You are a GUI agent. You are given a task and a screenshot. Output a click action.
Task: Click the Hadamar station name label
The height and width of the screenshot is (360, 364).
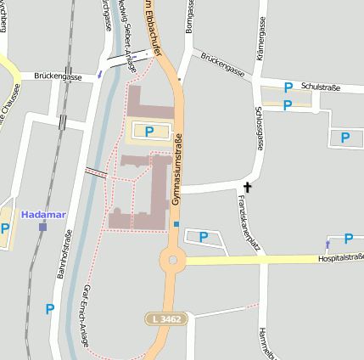point(43,214)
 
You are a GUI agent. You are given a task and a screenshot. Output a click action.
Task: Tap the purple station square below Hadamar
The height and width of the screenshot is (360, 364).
point(42,227)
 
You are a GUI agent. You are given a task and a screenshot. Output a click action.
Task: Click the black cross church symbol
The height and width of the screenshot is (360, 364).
point(248,187)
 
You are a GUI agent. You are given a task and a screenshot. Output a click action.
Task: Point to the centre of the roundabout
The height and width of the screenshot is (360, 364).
point(173,260)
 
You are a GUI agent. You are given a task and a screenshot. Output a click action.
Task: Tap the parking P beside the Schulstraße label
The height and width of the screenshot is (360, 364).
point(288,87)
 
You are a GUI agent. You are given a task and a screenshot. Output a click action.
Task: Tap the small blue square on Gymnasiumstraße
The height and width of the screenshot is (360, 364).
point(176,224)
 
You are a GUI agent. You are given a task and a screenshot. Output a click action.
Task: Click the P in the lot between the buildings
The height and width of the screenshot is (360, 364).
point(149,131)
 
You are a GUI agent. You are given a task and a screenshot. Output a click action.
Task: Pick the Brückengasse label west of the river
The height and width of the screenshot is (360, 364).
point(58,76)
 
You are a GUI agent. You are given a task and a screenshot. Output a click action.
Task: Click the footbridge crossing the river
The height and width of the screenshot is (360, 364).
point(96,172)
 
